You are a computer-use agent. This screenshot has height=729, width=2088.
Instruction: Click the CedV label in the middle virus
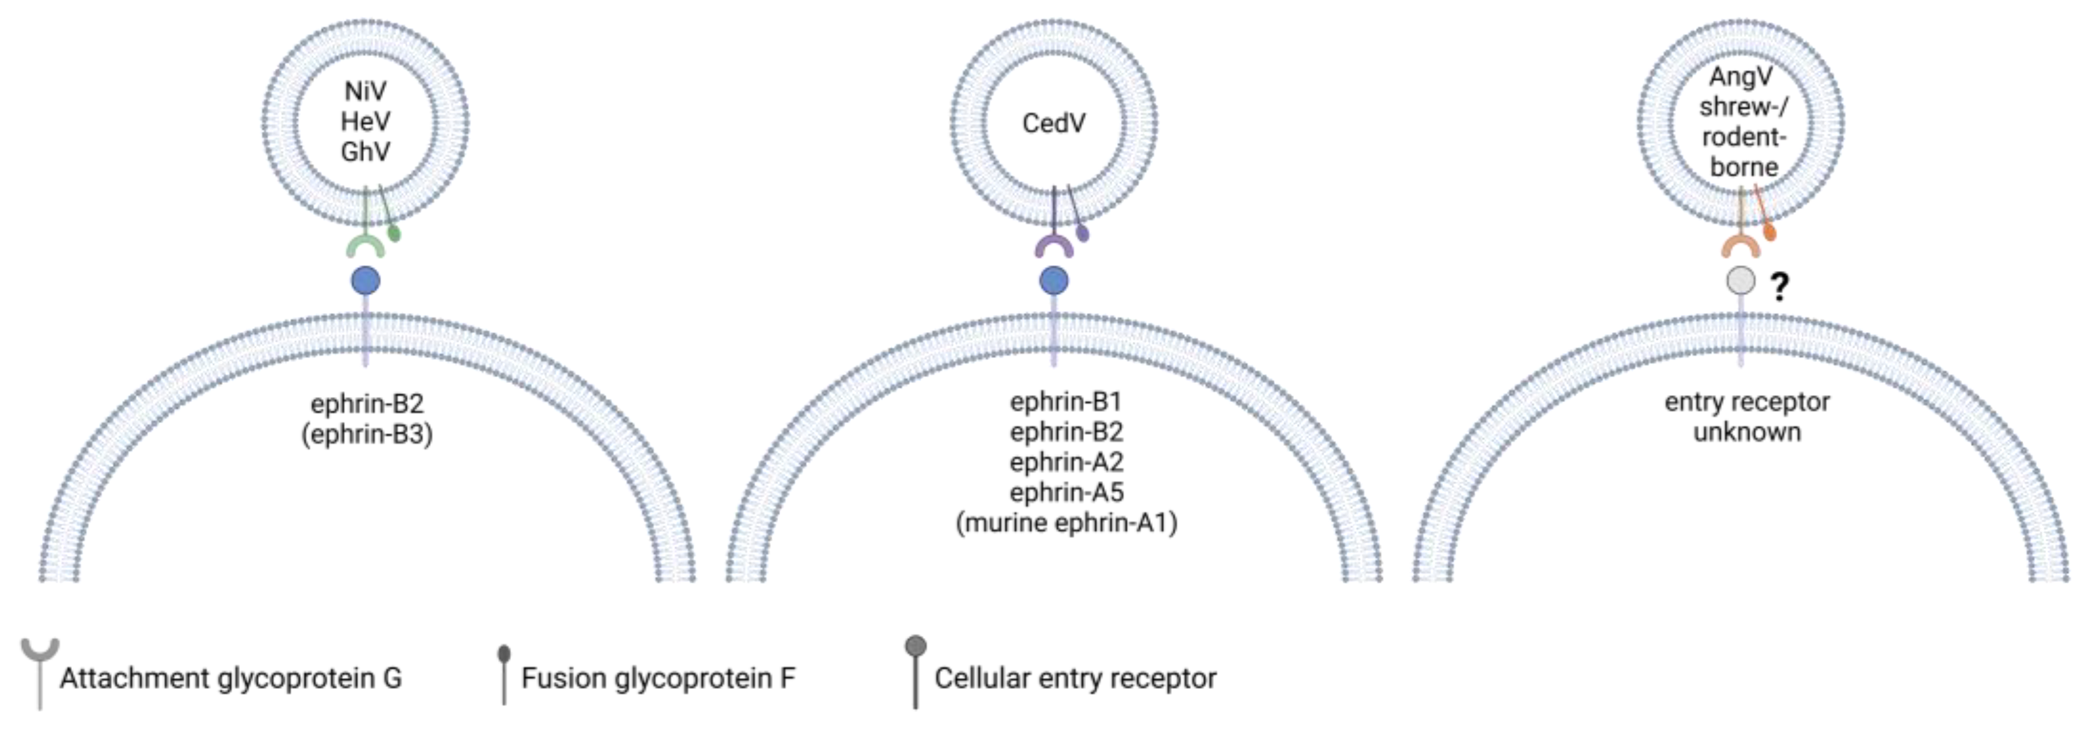click(x=1053, y=123)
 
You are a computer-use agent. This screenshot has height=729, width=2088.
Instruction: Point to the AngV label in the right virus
click(x=1741, y=77)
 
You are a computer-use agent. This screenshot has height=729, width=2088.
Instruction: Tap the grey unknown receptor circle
click(x=1741, y=281)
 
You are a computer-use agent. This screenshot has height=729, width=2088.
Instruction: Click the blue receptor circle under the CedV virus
click(x=1053, y=281)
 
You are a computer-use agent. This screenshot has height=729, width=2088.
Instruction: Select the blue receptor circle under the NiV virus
click(x=366, y=281)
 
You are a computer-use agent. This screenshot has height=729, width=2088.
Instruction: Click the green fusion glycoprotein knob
click(x=394, y=233)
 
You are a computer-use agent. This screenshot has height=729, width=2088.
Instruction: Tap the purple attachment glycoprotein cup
click(x=1054, y=245)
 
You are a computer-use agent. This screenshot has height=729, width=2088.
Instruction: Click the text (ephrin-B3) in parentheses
click(x=367, y=434)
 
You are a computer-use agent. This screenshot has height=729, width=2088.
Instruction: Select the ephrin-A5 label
click(x=1067, y=492)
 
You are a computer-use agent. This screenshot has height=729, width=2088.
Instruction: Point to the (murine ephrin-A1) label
click(x=1067, y=523)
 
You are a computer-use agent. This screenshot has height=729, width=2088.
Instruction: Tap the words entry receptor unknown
click(x=1747, y=417)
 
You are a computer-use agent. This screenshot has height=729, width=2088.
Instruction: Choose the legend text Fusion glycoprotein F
click(x=658, y=678)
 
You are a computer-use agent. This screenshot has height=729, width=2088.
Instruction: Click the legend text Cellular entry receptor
click(x=1075, y=678)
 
